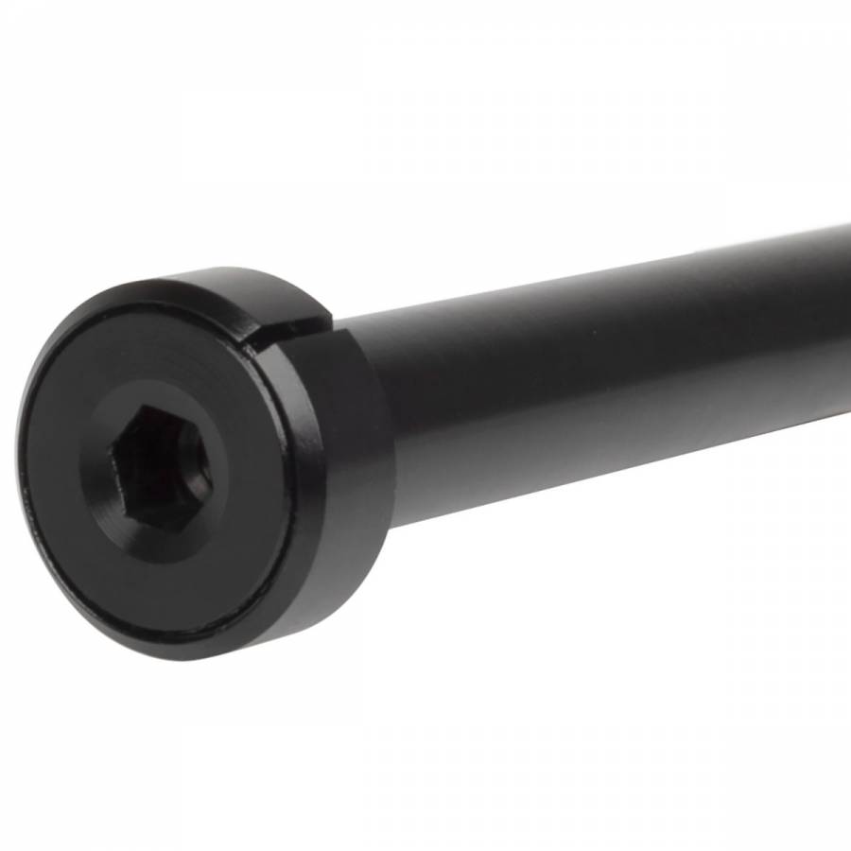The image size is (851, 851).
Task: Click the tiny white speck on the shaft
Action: [598, 333]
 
